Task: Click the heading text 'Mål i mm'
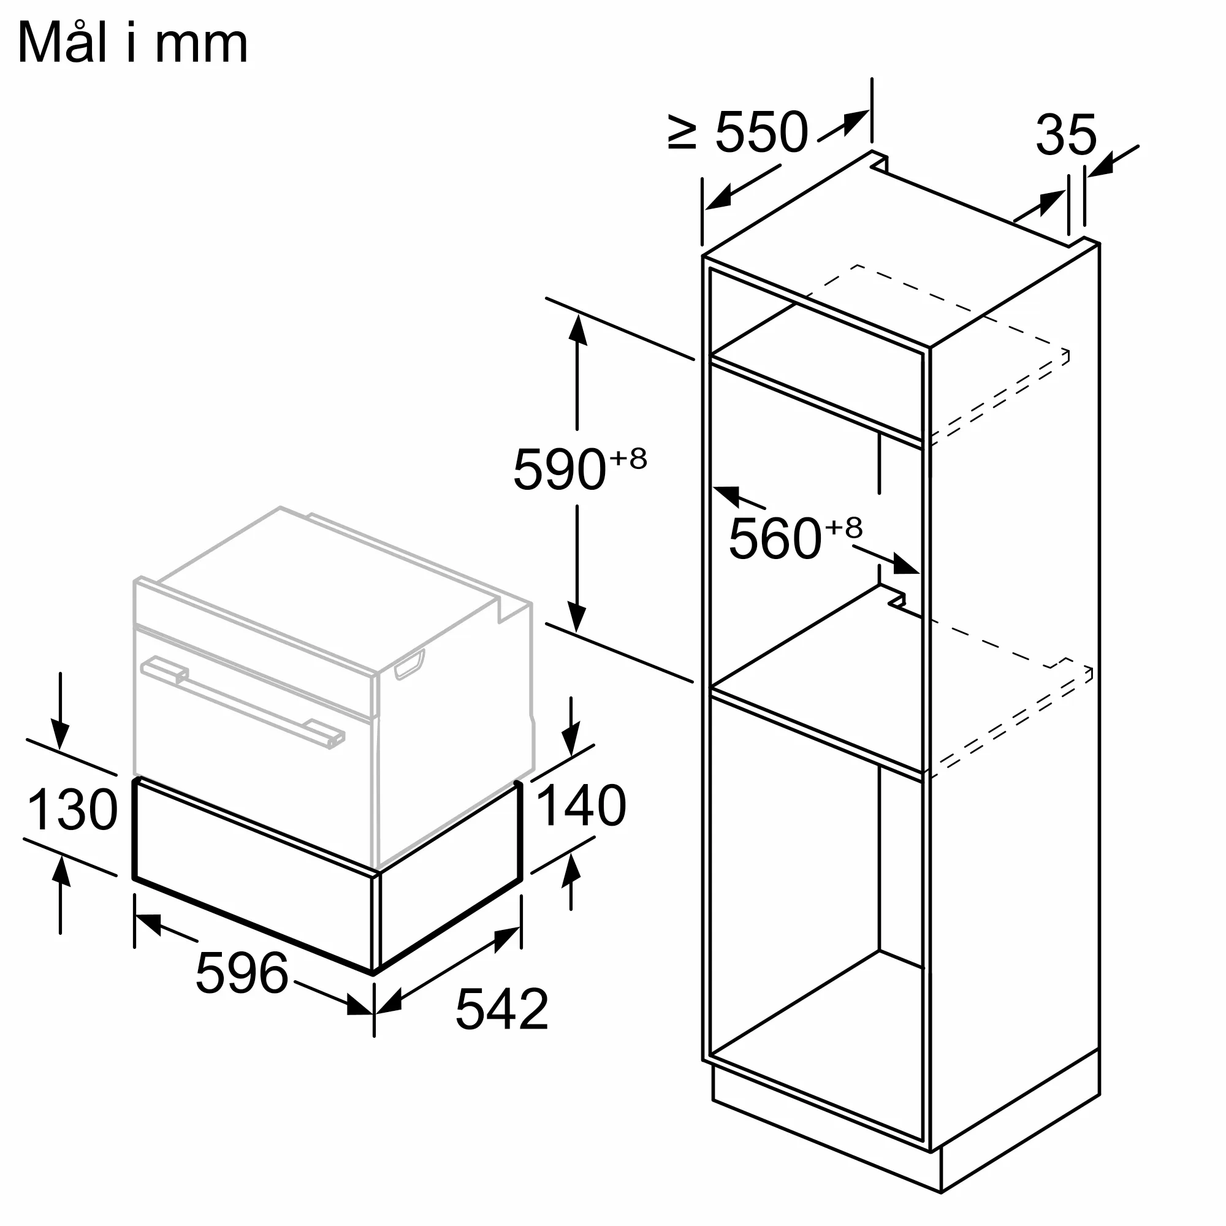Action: click(132, 43)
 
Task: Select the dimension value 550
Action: click(761, 132)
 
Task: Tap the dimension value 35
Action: click(1066, 134)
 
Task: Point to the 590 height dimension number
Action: click(558, 470)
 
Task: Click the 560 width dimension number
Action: click(775, 539)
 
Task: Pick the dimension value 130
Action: click(72, 810)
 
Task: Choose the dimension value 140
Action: click(581, 806)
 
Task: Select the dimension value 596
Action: click(242, 973)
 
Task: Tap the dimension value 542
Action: click(502, 1009)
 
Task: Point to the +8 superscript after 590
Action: click(628, 458)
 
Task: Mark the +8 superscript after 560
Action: click(844, 528)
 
